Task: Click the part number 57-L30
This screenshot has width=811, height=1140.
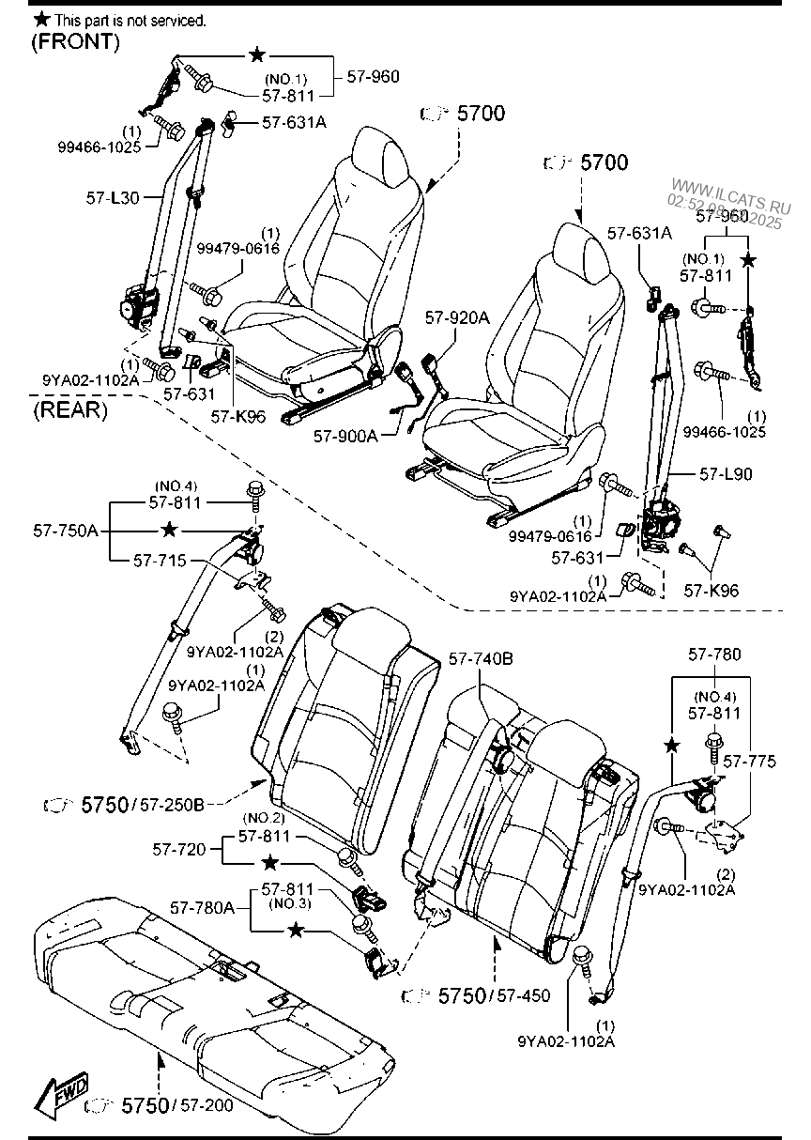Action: click(x=112, y=197)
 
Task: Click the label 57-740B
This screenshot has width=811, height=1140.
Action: click(x=481, y=659)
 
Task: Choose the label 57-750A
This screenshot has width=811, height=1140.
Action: click(x=72, y=531)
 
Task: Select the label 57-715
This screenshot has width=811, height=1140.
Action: click(x=155, y=560)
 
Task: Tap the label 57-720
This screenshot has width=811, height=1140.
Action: click(x=177, y=849)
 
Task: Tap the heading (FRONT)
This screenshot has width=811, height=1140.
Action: click(x=75, y=41)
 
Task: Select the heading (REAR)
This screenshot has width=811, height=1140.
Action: click(x=69, y=410)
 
